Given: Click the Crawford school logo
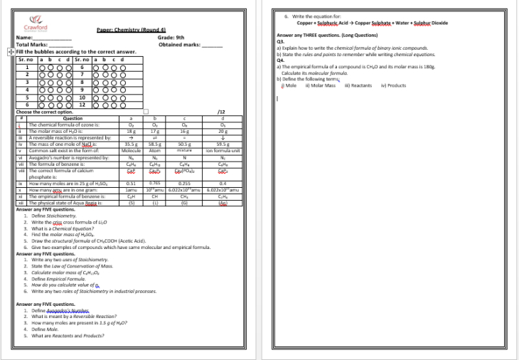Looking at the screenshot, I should pos(35,24).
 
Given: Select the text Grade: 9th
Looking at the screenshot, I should pos(171,37).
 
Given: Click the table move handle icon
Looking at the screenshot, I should pos(10,52).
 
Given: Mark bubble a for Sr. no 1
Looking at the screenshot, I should pos(42,68).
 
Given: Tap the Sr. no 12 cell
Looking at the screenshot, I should pos(82,105).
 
